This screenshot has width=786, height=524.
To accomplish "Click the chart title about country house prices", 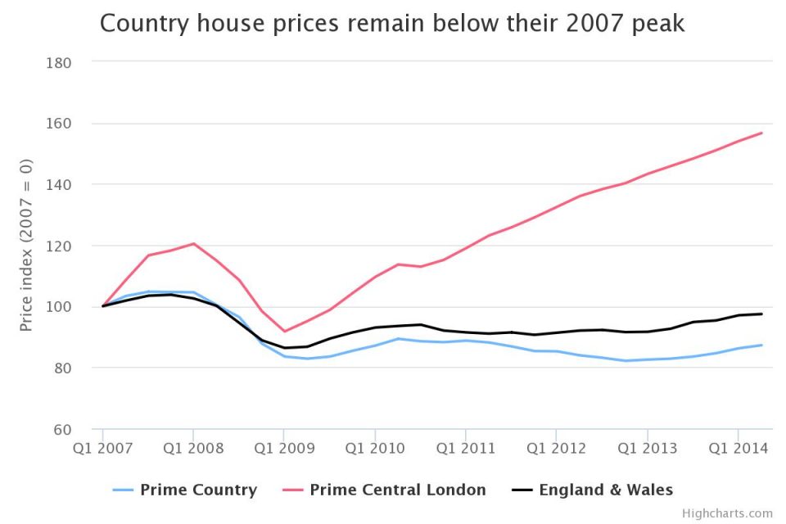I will pyautogui.click(x=392, y=24).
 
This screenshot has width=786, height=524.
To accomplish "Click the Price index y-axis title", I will pyautogui.click(x=26, y=246).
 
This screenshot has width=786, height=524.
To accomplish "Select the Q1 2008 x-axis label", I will pyautogui.click(x=193, y=448).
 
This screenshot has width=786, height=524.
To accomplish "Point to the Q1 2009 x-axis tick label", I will pyautogui.click(x=284, y=448).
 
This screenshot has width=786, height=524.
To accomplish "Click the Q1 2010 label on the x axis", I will pyautogui.click(x=375, y=448).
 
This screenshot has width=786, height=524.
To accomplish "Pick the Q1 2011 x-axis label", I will pyautogui.click(x=466, y=448).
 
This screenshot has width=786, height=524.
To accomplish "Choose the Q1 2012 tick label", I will pyautogui.click(x=557, y=448).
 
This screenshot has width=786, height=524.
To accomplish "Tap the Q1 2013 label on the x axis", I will pyautogui.click(x=648, y=448).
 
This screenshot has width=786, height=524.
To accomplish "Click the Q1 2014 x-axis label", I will pyautogui.click(x=739, y=448).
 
